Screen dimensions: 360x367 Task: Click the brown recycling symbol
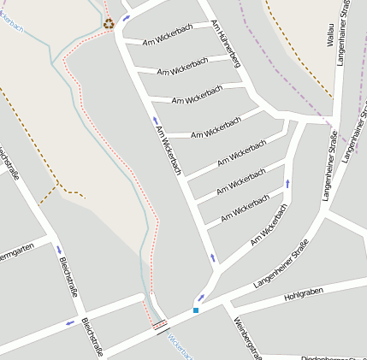[109, 23]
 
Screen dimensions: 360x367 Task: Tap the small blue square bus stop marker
[196, 310]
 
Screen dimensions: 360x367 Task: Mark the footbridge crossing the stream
[159, 324]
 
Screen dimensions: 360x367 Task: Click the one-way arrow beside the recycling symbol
[127, 18]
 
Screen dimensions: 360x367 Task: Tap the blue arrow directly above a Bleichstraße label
[60, 250]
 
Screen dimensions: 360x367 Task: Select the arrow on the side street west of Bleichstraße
[69, 323]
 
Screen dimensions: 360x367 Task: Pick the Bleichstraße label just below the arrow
[69, 279]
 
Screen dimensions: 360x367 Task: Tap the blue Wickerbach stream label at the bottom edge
[181, 345]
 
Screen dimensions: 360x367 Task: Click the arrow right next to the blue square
[202, 298]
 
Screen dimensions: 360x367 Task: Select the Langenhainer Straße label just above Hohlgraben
[281, 266]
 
